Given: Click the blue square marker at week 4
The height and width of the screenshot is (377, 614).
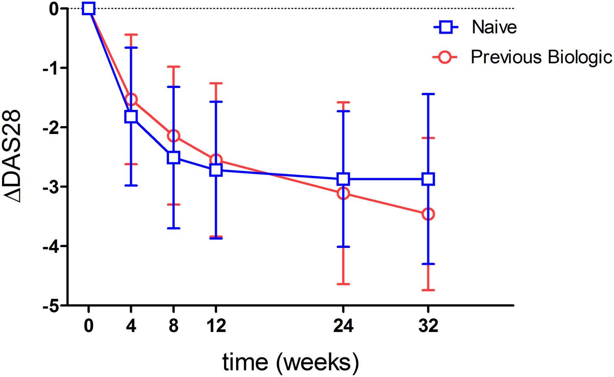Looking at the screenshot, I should [131, 116].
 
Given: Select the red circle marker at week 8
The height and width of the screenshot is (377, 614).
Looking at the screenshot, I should [173, 136].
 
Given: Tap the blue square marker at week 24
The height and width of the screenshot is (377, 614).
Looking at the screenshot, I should [343, 179].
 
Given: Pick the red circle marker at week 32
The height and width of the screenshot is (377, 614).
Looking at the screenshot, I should [428, 214].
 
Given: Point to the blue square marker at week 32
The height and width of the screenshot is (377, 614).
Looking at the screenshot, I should [428, 179].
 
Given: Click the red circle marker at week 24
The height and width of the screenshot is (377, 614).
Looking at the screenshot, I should [343, 193].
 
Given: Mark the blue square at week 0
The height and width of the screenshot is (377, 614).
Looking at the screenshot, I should [88, 8].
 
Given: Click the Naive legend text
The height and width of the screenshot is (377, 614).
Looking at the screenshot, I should [494, 27].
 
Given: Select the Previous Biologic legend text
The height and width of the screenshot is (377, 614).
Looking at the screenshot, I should [542, 57].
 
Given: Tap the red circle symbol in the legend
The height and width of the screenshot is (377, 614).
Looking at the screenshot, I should [445, 57].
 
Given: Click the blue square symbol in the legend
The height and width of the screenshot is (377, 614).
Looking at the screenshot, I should [445, 27].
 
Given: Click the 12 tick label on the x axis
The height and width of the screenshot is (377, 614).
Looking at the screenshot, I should [216, 326].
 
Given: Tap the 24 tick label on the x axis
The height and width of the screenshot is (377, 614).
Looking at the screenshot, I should [343, 326].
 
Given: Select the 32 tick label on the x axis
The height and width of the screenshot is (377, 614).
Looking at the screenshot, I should [428, 326].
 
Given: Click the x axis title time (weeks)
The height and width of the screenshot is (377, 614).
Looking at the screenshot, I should [290, 362].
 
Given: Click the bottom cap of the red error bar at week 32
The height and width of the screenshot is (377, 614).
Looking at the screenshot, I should [428, 290].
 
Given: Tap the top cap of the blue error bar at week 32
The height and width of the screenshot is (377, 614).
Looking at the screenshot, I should [428, 94].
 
